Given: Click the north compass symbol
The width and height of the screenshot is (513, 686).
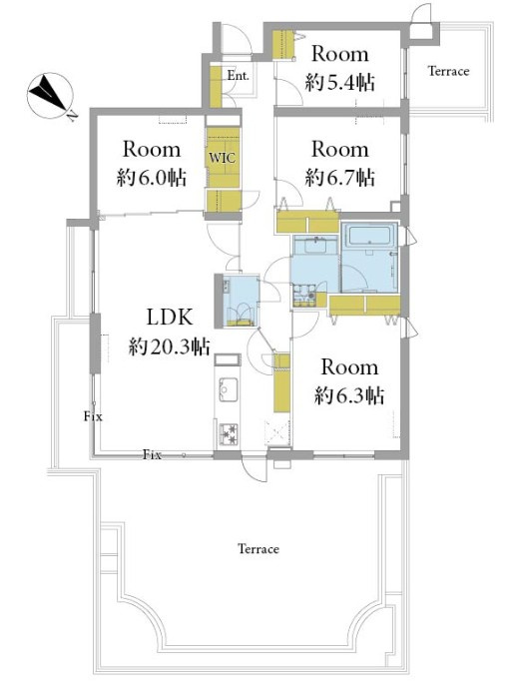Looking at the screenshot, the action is pos(50,95).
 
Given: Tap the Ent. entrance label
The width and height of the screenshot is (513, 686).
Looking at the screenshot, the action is pos(238,75).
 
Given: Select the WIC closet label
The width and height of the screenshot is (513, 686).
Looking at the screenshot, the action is pos(223,158).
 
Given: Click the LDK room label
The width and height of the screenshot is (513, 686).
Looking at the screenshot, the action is pos(170,318).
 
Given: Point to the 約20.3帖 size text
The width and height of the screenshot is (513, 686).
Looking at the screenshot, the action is pos(170,346).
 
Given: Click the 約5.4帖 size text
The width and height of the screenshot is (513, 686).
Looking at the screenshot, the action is pos(339,82).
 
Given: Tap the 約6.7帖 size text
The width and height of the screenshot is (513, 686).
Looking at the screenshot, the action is pos(339,177).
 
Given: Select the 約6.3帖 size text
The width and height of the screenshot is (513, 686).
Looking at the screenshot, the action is pos(349,395).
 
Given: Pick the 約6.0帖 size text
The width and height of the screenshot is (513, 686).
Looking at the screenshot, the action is pos(152,178).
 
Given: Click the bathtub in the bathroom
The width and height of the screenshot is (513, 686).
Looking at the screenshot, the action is pos(369,237).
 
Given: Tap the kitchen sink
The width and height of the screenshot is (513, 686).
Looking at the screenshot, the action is pos(229,388).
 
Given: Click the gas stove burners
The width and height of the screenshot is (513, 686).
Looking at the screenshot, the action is pos(229,433).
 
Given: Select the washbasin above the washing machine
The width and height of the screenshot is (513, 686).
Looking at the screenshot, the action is pos(314,246).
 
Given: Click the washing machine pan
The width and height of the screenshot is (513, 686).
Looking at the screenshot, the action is pos(304,295).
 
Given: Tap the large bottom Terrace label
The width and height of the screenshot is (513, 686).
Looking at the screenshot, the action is pos(258,549).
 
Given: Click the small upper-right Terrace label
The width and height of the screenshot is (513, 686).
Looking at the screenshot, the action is pos(449,71).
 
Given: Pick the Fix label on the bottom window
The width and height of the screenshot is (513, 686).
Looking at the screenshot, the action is pos(152,455).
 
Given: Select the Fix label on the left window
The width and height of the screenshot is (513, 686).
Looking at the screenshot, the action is pos(93,416).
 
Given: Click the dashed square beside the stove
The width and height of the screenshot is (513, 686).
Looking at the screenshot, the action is pos(277,433).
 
